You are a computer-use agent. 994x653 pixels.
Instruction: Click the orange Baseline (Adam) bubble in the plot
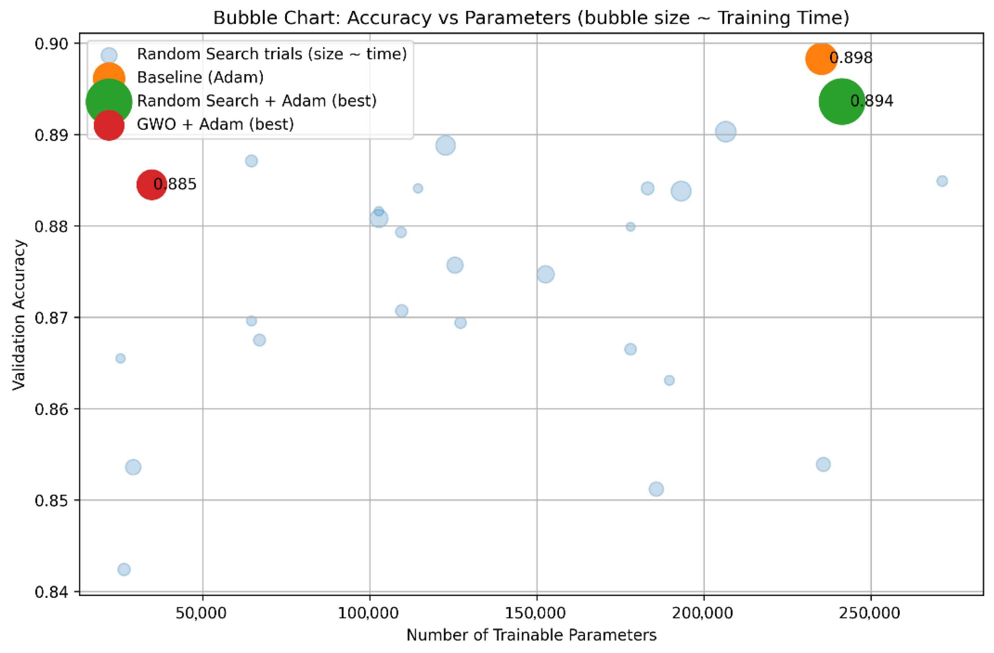821,59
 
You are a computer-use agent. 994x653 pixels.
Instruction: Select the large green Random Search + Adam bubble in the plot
842,102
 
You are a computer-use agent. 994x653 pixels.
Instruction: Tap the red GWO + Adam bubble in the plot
152,184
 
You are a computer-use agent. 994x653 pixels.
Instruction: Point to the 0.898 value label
851,58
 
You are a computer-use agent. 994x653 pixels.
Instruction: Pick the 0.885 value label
175,184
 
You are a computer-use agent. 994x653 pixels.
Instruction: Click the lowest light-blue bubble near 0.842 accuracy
124,569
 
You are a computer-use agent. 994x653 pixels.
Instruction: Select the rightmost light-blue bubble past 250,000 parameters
942,181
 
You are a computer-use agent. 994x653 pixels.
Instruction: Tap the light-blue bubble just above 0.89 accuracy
725,132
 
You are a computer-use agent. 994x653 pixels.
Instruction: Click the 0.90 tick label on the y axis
52,44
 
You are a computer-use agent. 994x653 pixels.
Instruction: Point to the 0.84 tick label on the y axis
52,592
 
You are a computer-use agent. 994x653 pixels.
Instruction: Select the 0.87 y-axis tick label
52,318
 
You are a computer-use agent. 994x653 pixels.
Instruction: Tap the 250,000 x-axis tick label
870,613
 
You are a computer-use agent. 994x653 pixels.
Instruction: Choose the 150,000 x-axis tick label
536,613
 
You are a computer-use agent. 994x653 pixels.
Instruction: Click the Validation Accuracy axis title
19,315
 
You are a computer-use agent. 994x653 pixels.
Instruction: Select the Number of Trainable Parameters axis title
531,635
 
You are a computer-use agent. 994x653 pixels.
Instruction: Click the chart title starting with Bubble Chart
531,18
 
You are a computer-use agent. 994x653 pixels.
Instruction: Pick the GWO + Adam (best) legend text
216,124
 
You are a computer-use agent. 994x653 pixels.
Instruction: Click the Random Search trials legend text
272,54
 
